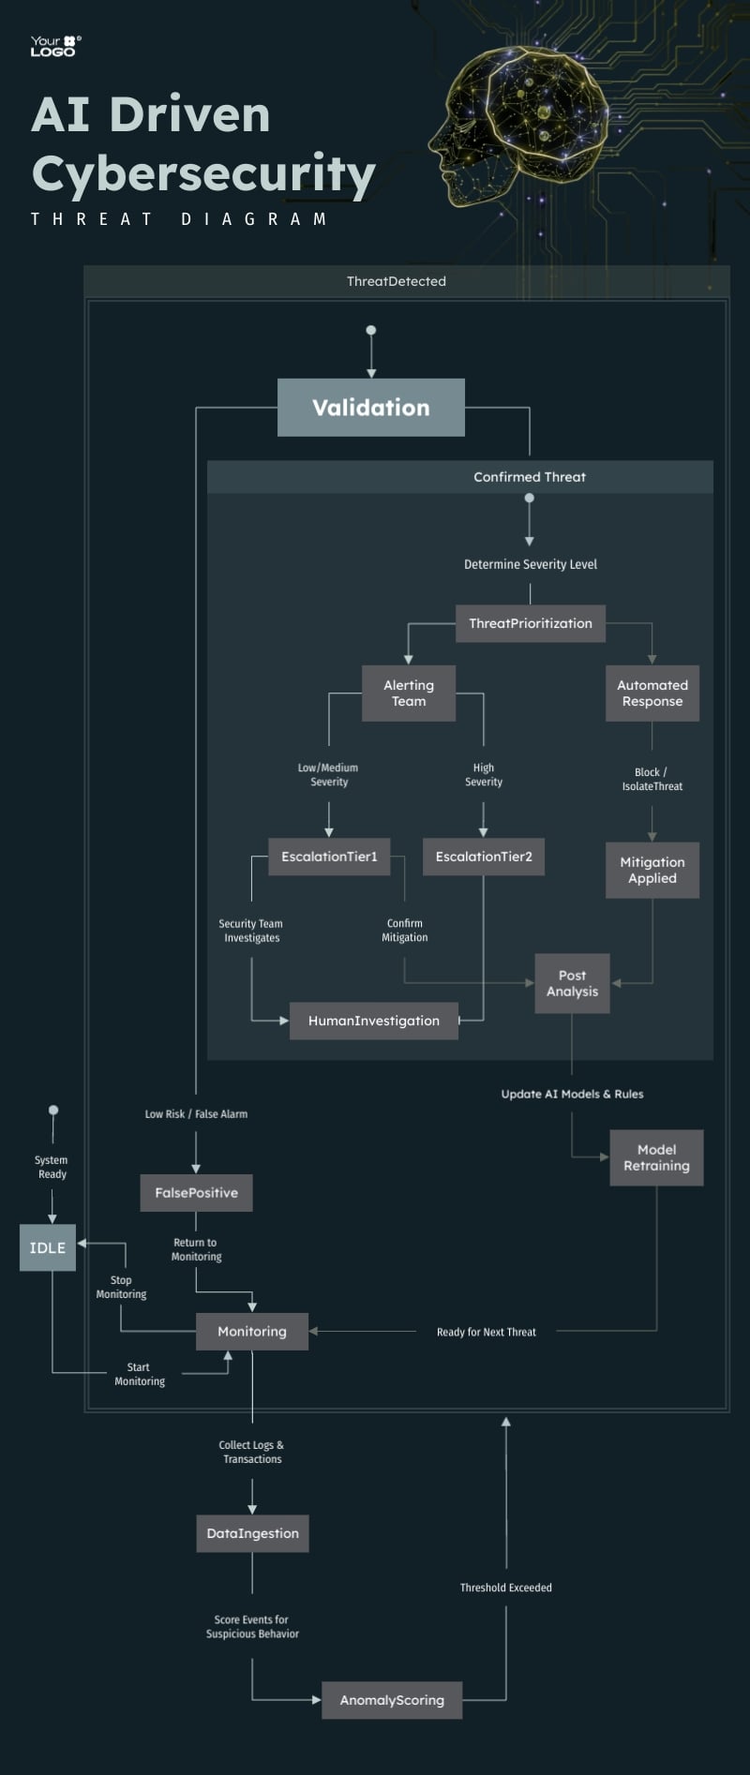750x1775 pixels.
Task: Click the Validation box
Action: tap(370, 408)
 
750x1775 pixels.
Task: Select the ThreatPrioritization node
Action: tap(530, 623)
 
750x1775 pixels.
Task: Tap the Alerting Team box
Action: tap(409, 694)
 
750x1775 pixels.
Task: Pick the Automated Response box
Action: tap(652, 694)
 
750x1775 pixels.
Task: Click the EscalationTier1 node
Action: tap(329, 857)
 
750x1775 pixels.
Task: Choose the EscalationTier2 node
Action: tap(484, 857)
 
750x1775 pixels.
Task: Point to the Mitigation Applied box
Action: tap(652, 871)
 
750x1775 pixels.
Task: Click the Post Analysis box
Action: tap(572, 983)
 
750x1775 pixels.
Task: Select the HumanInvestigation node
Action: tap(373, 1021)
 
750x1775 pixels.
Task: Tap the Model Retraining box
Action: tap(656, 1157)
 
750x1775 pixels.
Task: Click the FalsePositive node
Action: tap(196, 1193)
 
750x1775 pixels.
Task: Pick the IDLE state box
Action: tap(48, 1247)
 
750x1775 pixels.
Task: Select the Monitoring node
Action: tap(252, 1331)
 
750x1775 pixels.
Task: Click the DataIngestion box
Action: tap(252, 1533)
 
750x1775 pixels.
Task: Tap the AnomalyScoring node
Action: tap(392, 1700)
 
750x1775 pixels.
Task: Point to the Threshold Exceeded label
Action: tap(505, 1588)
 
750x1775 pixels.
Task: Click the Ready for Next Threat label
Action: tap(486, 1332)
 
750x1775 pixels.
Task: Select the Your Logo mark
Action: tap(55, 46)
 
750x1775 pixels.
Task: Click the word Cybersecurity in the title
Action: tap(203, 174)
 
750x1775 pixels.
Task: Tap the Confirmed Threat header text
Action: tap(530, 477)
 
